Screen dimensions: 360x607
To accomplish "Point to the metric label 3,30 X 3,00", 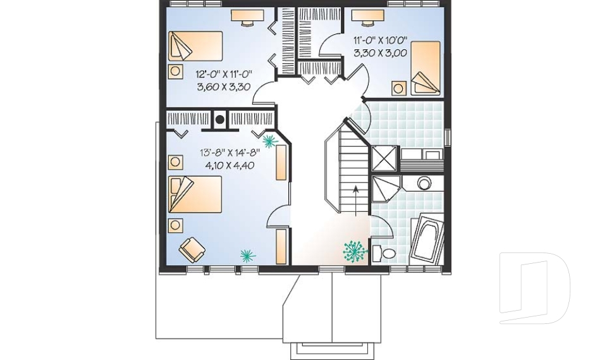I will (379, 53).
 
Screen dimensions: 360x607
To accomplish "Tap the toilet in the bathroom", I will (384, 254).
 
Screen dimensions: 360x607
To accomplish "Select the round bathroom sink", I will (424, 183).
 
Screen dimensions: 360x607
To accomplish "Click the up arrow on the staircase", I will (355, 196).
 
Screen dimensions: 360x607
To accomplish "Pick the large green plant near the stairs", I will (355, 251).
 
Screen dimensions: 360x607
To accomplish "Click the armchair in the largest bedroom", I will (192, 249).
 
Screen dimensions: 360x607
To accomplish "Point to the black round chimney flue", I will (220, 118).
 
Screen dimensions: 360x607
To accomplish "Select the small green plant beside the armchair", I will (247, 255).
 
